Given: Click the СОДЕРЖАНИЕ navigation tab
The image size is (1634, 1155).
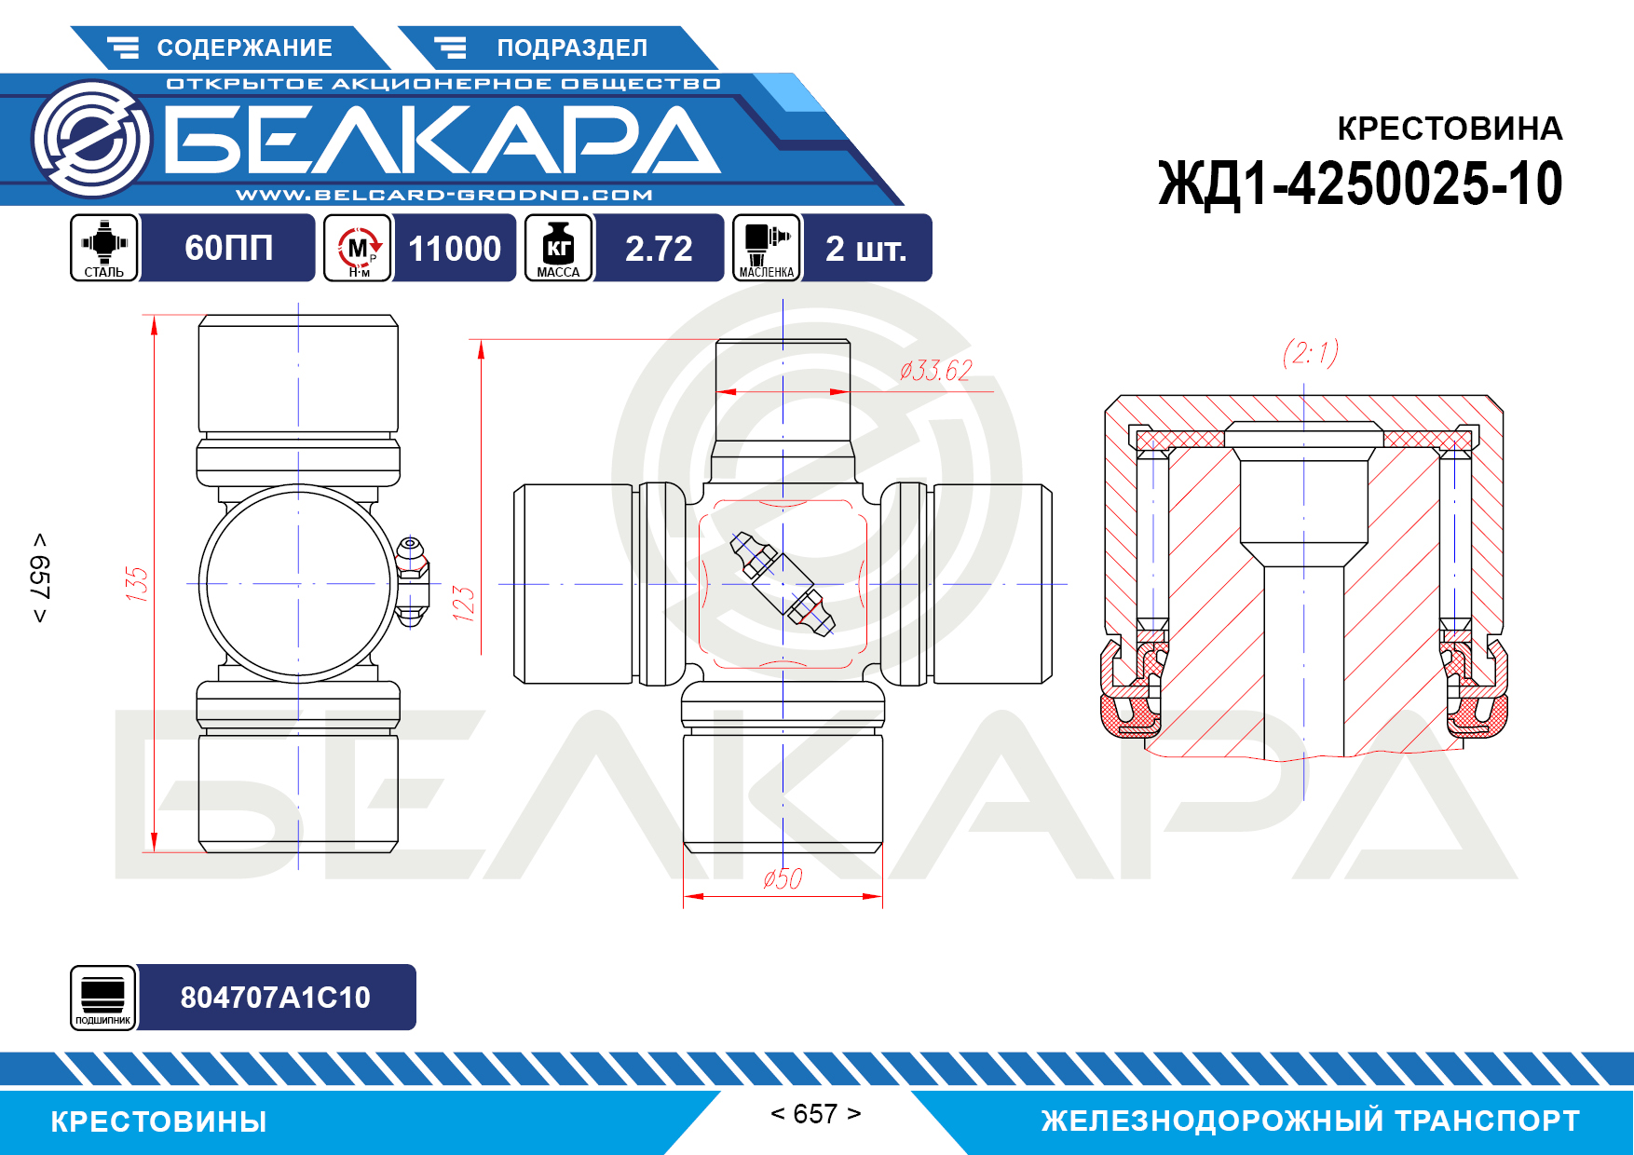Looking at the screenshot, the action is pyautogui.click(x=229, y=48).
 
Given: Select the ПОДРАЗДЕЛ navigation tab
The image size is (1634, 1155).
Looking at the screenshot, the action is pyautogui.click(x=557, y=48).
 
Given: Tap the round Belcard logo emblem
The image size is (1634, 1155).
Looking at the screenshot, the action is pyautogui.click(x=91, y=139).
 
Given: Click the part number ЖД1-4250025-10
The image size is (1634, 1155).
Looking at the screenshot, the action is pyautogui.click(x=1360, y=183).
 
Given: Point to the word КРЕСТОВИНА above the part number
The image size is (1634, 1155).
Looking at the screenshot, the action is pyautogui.click(x=1450, y=129).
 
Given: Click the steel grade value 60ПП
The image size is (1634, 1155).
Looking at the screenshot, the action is pyautogui.click(x=229, y=248).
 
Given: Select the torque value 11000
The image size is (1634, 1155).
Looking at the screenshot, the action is pyautogui.click(x=455, y=248).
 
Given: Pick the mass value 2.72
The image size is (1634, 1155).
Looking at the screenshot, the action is pyautogui.click(x=659, y=248).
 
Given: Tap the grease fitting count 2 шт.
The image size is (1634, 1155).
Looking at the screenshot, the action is pyautogui.click(x=866, y=248).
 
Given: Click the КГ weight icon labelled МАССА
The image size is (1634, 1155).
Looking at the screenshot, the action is pyautogui.click(x=558, y=248).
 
